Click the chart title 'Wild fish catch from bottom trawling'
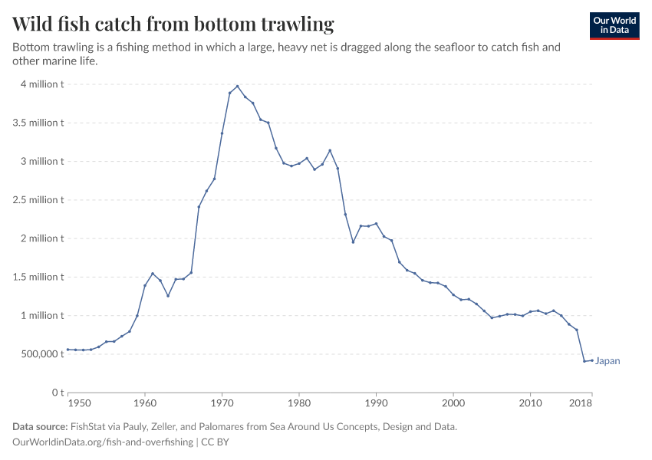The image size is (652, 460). point(173,24)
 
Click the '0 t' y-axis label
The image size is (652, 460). point(56,393)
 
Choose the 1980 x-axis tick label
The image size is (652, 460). point(299,402)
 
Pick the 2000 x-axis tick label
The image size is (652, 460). point(453,402)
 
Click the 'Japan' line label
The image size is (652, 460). point(608,361)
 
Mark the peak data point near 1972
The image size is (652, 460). point(238,86)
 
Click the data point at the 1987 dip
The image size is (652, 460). point(353,242)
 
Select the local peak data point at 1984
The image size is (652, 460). point(330,150)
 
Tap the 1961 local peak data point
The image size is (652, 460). point(153,274)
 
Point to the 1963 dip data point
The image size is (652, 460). point(168,296)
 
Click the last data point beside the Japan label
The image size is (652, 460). point(591,360)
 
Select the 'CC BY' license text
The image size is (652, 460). point(216,442)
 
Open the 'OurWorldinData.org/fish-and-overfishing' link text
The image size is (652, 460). point(103,442)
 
